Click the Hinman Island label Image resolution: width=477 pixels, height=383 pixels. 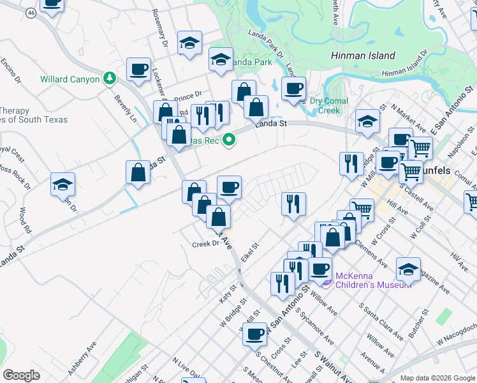[x=363, y=56]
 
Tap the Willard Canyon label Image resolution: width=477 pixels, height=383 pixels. [x=70, y=79]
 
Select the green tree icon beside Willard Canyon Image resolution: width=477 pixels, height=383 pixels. [x=110, y=78]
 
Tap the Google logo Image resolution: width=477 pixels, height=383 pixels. [x=21, y=375]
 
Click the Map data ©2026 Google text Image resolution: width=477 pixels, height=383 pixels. [x=437, y=378]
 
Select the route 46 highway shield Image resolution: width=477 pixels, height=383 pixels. [x=31, y=13]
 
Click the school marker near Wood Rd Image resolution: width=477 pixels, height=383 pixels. [x=63, y=184]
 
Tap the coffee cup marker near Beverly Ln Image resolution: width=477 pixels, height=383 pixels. [x=138, y=69]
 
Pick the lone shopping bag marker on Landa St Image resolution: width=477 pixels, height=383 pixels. [x=138, y=171]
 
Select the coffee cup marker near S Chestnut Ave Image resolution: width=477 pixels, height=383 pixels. [x=255, y=333]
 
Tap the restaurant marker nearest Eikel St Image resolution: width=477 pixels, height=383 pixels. [x=293, y=204]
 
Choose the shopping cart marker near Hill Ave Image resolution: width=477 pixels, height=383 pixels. [x=362, y=209]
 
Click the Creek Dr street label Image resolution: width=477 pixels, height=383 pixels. [x=205, y=244]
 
